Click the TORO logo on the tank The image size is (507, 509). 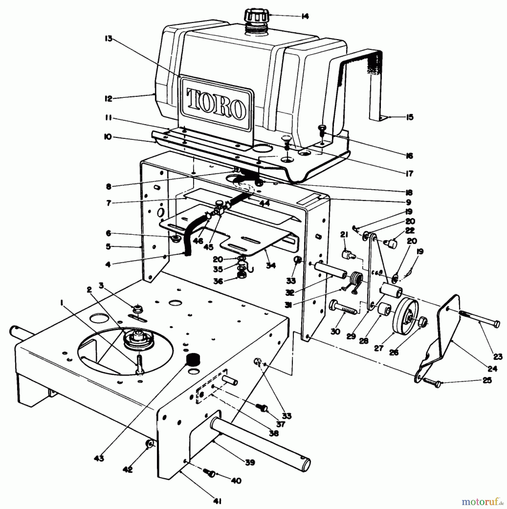click(x=216, y=103)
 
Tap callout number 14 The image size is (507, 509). click(x=305, y=16)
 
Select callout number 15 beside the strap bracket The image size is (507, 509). click(x=409, y=117)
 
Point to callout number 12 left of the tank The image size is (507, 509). click(x=108, y=99)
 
